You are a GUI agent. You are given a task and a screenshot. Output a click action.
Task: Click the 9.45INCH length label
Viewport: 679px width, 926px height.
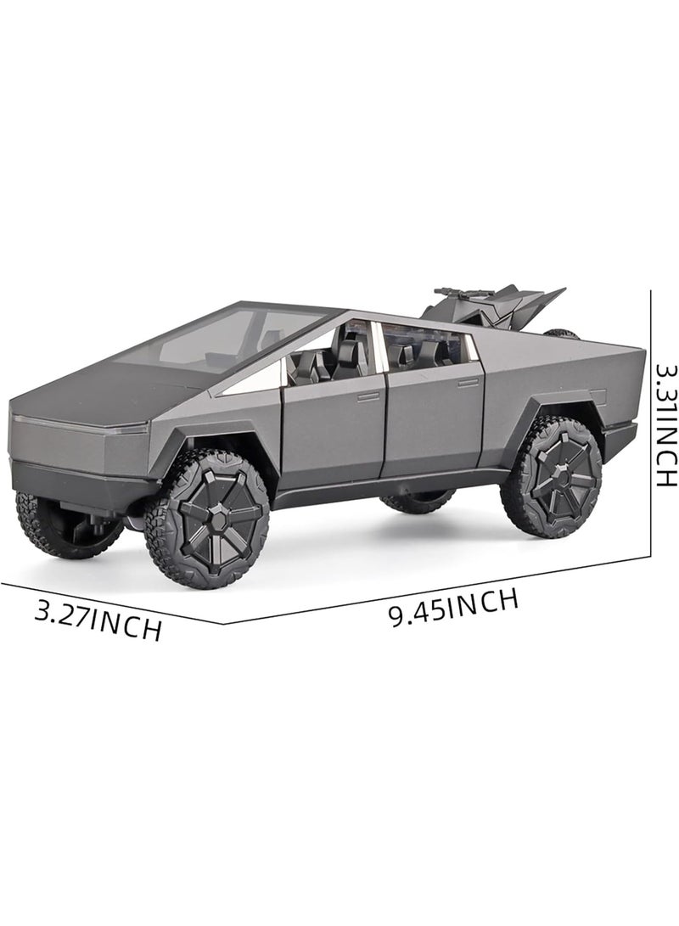(453, 607)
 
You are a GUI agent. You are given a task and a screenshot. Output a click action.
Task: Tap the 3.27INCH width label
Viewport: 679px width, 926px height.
(98, 620)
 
